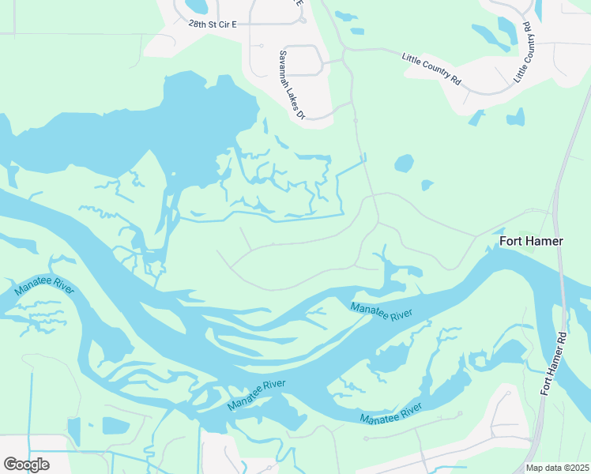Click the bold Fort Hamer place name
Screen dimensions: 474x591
click(x=531, y=240)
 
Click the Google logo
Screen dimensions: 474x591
click(x=26, y=465)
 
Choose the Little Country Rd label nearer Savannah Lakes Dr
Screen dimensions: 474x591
click(x=431, y=68)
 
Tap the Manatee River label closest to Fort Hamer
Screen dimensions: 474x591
click(x=382, y=310)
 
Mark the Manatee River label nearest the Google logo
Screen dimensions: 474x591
click(x=44, y=290)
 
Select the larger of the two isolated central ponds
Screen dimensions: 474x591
click(x=404, y=164)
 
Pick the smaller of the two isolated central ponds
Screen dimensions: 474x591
click(x=427, y=185)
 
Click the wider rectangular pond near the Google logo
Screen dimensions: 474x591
click(x=115, y=426)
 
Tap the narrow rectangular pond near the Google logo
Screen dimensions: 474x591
click(x=74, y=431)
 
